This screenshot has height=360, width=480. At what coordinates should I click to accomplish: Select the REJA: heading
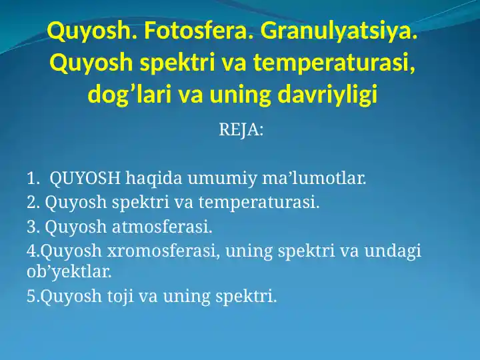[x=241, y=130]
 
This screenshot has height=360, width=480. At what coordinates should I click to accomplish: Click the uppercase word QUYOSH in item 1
[x=86, y=179]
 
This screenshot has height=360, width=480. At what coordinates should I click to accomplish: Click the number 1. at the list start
[x=33, y=179]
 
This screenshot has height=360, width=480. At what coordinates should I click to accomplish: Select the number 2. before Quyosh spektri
[x=33, y=203]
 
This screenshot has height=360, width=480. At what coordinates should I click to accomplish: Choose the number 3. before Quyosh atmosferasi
[x=33, y=227]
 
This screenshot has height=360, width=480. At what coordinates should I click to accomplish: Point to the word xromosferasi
[x=165, y=251]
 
